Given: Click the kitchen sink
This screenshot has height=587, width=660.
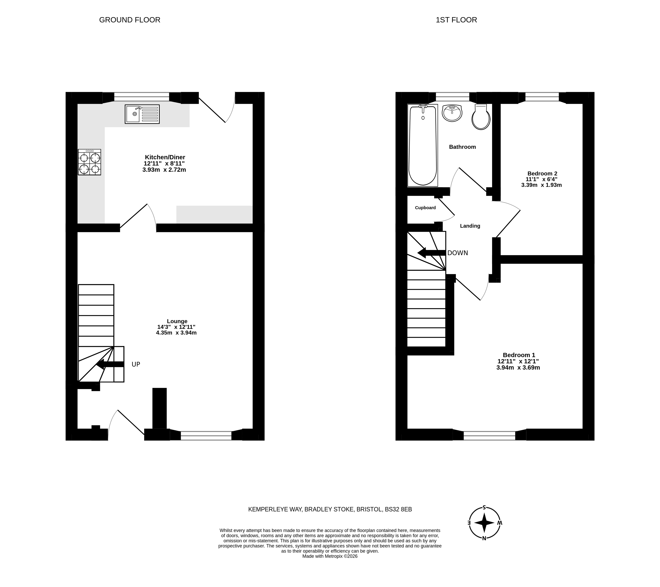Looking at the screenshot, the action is tap(142, 114).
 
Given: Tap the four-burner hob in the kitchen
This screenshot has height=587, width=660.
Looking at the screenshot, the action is tap(89, 162).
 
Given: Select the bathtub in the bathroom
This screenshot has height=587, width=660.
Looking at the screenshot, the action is tap(423, 145).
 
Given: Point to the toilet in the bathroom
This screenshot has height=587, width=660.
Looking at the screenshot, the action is tap(481, 117).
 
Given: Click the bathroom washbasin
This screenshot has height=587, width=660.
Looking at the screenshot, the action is tap(452, 113).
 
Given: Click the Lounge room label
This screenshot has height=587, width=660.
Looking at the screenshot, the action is tap(177, 321).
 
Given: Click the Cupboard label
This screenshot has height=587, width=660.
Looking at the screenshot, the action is tap(425, 208).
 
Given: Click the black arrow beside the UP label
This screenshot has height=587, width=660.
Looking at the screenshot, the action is tap(110, 364).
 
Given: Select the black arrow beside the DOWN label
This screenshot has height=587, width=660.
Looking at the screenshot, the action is tap(432, 253).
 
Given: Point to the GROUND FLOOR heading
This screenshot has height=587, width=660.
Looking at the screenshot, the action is tap(130, 20).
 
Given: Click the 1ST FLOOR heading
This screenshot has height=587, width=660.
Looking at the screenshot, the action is tap(456, 20).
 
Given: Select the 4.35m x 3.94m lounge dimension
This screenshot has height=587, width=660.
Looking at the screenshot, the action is tap(176, 333).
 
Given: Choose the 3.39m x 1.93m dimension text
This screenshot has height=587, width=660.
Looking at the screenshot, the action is tap(541, 185).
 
